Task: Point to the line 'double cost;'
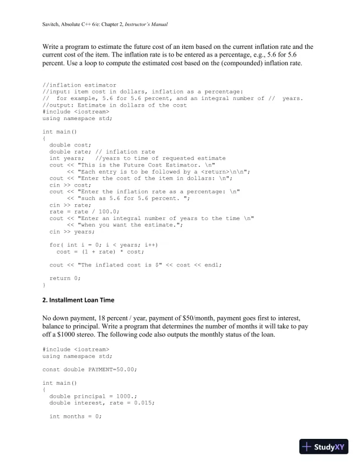(x=66, y=145)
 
